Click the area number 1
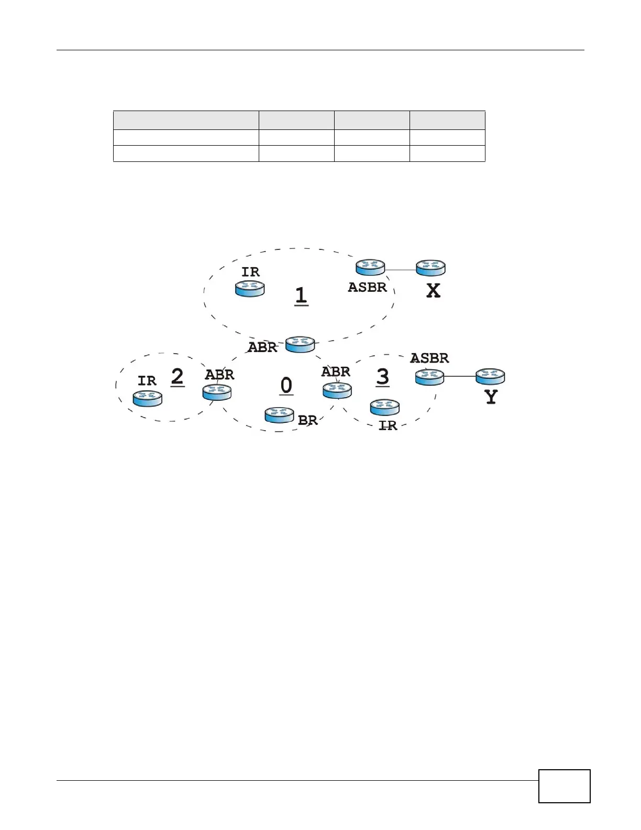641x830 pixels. (301, 296)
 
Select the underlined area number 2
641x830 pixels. (178, 377)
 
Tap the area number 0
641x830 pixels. (286, 386)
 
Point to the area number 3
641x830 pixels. (383, 377)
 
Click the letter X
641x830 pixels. (433, 291)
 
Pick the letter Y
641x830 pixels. (491, 397)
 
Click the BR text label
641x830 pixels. (308, 420)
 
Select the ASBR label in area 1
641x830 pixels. (367, 287)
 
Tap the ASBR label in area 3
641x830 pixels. (429, 358)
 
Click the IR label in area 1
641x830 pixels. (250, 272)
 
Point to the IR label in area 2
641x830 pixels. (147, 381)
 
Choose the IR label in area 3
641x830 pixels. (388, 426)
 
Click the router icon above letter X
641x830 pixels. (430, 268)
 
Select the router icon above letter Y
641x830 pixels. (490, 377)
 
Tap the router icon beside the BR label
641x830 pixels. (279, 415)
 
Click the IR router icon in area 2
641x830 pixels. (148, 398)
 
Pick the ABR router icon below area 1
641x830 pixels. (300, 344)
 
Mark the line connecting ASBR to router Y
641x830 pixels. (460, 377)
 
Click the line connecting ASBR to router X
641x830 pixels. (401, 270)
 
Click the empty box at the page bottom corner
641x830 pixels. (564, 785)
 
